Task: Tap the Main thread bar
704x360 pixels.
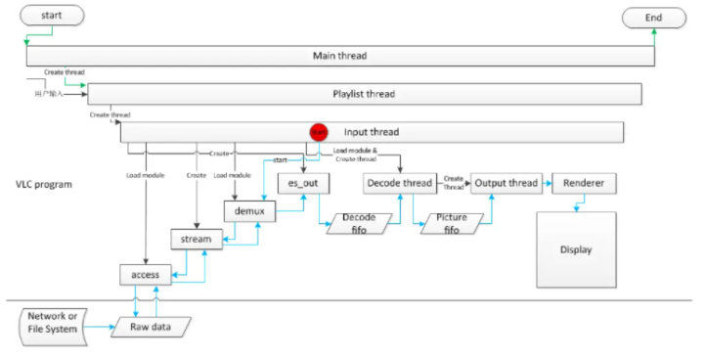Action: click(x=339, y=56)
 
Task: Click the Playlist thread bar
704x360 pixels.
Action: click(x=364, y=93)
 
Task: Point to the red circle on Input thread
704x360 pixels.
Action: click(x=318, y=131)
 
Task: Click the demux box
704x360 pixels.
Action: click(x=250, y=210)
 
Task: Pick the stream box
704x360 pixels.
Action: click(x=197, y=238)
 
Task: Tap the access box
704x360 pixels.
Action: click(x=145, y=275)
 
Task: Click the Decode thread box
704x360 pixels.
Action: click(x=398, y=183)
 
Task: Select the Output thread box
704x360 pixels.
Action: click(x=505, y=183)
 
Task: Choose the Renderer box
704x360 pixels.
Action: click(x=583, y=183)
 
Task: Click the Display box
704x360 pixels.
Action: click(x=576, y=249)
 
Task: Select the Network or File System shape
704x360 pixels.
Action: click(x=51, y=324)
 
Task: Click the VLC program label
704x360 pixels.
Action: click(x=45, y=184)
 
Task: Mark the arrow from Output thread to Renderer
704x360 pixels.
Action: click(x=545, y=183)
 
